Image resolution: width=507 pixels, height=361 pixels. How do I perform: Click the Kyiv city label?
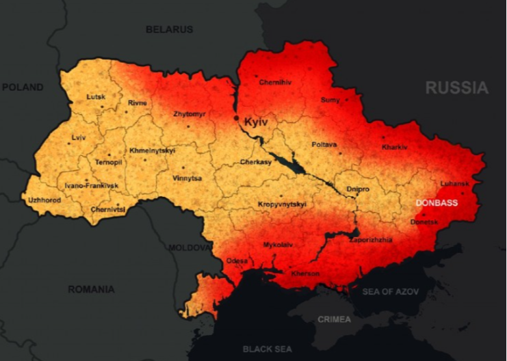pos(256,121)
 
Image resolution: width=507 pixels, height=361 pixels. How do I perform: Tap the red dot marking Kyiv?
pos(237,118)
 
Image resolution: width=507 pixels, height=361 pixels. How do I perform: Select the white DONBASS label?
pos(437,203)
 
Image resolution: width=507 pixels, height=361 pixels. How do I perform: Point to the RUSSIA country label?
pos(456,88)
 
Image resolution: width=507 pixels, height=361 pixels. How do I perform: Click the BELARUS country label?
pos(169,29)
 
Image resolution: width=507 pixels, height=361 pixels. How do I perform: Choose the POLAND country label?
pos(23,88)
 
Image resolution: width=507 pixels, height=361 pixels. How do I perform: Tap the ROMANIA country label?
pos(91,289)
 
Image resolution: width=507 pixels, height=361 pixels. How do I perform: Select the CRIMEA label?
pos(334,319)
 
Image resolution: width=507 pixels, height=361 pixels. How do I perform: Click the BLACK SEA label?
pos(267,349)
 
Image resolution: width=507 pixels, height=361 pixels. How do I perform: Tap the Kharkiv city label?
pos(395,147)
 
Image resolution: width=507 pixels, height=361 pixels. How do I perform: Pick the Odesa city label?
pos(237,260)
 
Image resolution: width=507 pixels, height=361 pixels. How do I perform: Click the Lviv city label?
pos(79,138)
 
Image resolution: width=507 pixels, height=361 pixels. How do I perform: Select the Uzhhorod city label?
pos(44,200)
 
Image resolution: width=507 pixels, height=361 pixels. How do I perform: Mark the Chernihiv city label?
pos(275,82)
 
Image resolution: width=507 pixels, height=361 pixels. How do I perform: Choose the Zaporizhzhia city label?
pos(371,240)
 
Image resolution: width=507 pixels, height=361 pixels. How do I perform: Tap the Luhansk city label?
pos(454,184)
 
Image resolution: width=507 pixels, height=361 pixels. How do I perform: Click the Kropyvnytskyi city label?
pos(282,204)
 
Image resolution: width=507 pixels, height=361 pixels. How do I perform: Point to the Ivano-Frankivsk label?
pos(91,185)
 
